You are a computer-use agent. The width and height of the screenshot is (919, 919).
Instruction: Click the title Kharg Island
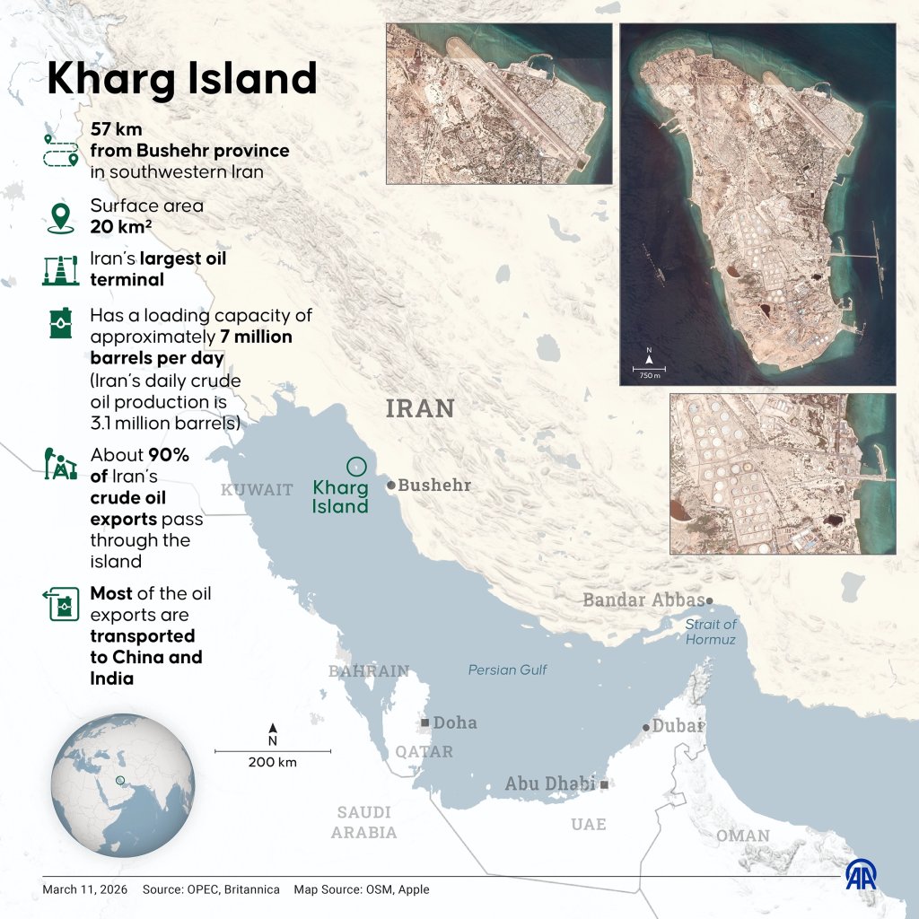[181, 79]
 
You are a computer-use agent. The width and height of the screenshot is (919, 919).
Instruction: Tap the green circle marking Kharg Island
[356, 467]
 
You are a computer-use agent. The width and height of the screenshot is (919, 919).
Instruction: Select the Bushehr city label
[433, 486]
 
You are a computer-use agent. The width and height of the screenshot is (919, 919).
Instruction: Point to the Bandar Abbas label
[643, 600]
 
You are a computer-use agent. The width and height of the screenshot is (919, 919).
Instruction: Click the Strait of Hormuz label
[711, 632]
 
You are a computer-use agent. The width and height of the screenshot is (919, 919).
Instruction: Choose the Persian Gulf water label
[507, 670]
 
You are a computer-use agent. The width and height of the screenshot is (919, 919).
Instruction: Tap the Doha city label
[454, 722]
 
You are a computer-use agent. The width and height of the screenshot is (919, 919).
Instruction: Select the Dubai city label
[677, 726]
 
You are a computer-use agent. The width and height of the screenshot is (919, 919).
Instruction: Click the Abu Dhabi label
[549, 783]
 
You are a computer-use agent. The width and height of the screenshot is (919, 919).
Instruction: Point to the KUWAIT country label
[257, 490]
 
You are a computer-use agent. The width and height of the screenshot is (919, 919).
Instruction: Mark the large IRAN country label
[420, 408]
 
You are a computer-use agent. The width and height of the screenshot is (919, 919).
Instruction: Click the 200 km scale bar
[273, 751]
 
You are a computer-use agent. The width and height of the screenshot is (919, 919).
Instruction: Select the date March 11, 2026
[85, 889]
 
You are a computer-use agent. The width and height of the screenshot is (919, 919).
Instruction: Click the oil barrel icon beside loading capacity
[59, 324]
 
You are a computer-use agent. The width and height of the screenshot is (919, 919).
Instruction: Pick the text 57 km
[116, 130]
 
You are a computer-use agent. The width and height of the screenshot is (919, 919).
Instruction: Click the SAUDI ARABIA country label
[363, 822]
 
